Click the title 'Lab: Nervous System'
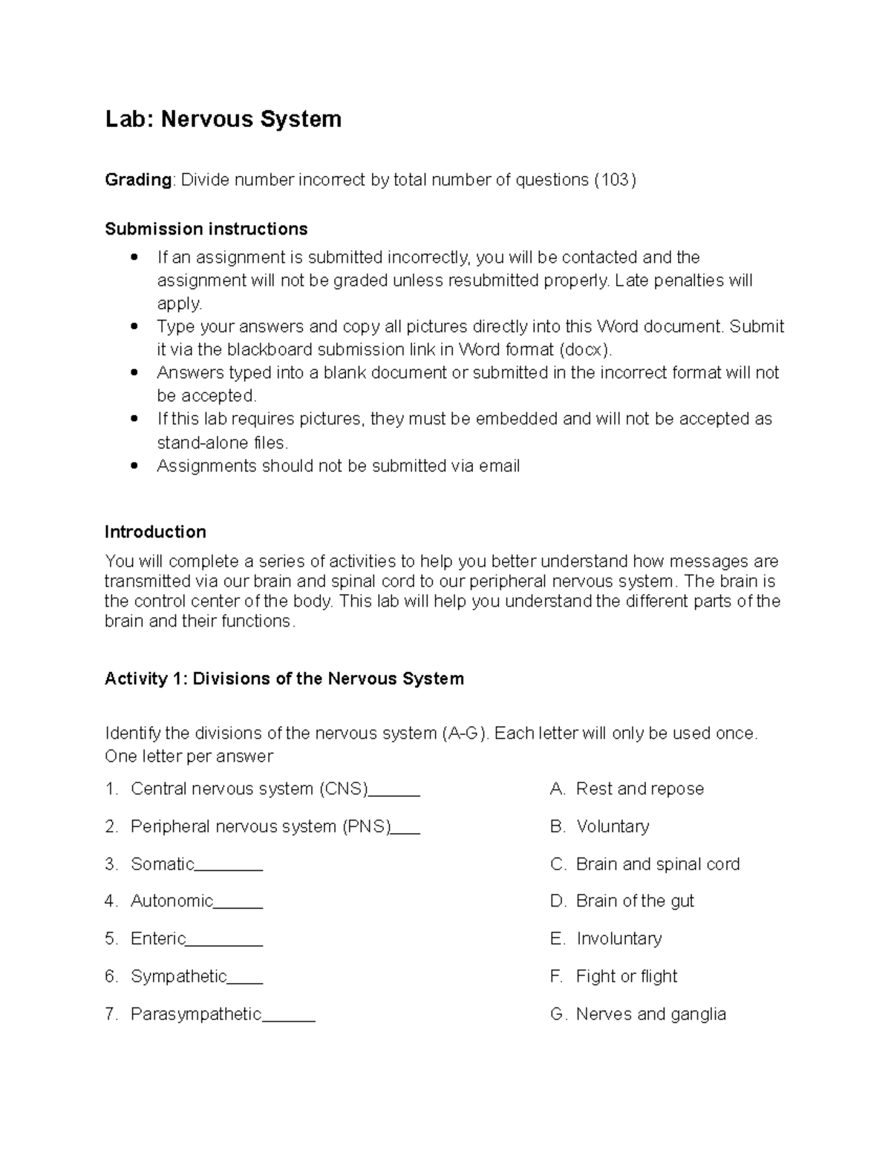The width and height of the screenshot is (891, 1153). pyautogui.click(x=223, y=119)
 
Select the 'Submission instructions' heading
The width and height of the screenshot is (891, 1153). pyautogui.click(x=206, y=229)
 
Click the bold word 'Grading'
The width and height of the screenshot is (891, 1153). pyautogui.click(x=138, y=180)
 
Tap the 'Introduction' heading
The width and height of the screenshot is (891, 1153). pyautogui.click(x=155, y=532)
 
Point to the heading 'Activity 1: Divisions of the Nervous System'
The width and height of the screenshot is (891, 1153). pyautogui.click(x=284, y=679)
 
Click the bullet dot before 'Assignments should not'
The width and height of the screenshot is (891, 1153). pyautogui.click(x=134, y=466)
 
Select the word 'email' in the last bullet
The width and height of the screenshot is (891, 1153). pyautogui.click(x=499, y=466)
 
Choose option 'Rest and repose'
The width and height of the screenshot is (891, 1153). pyautogui.click(x=639, y=788)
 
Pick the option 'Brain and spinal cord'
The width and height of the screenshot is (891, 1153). pyautogui.click(x=657, y=864)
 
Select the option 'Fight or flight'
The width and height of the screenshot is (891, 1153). pyautogui.click(x=626, y=976)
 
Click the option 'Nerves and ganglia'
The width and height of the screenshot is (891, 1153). pyautogui.click(x=650, y=1014)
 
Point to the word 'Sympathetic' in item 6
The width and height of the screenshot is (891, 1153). pyautogui.click(x=178, y=976)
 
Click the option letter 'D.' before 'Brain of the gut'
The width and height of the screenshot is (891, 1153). pyautogui.click(x=558, y=901)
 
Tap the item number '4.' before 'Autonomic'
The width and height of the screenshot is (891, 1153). pyautogui.click(x=111, y=901)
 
